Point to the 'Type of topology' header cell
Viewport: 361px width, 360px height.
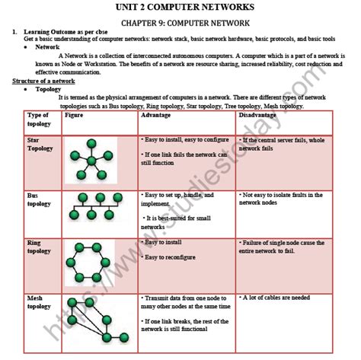point(38,119)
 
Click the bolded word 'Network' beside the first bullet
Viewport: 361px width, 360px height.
point(48,46)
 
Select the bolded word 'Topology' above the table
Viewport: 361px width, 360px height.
point(50,89)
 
